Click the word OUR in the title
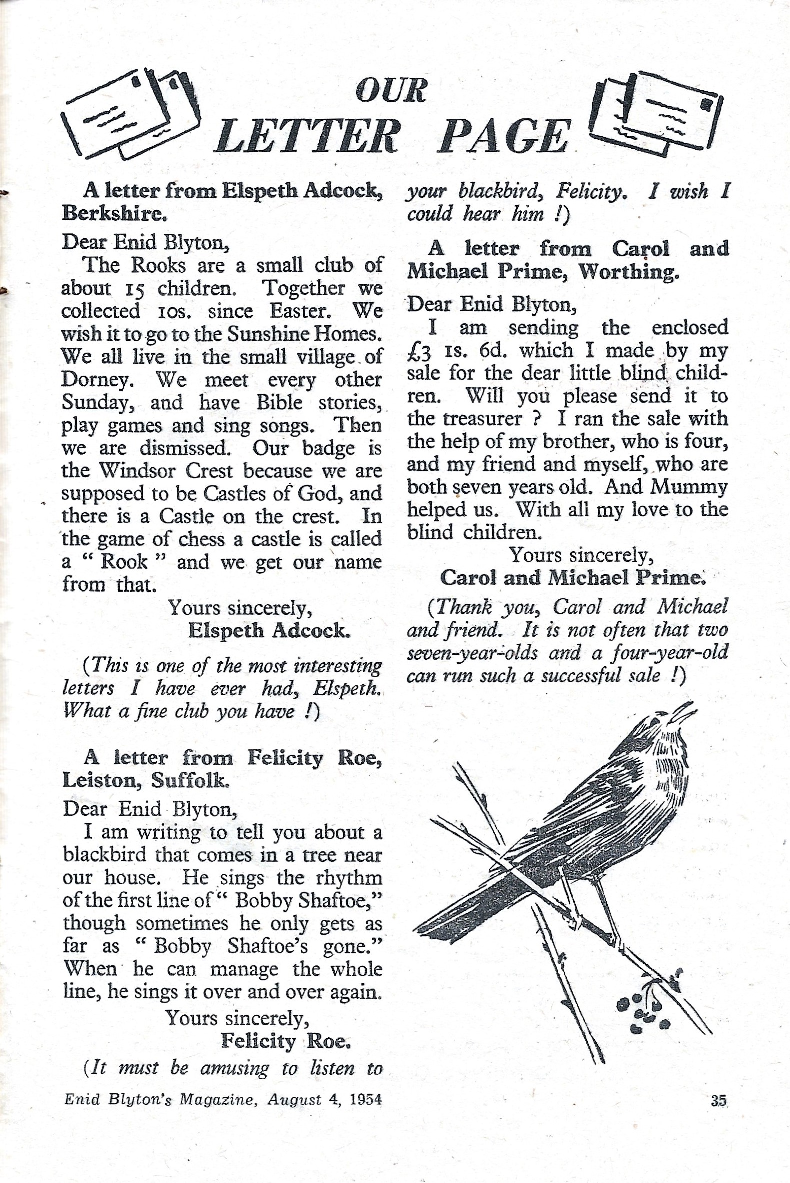[x=391, y=91]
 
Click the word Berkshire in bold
[x=114, y=214]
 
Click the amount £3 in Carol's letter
[x=420, y=351]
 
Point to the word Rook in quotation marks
[x=124, y=562]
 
